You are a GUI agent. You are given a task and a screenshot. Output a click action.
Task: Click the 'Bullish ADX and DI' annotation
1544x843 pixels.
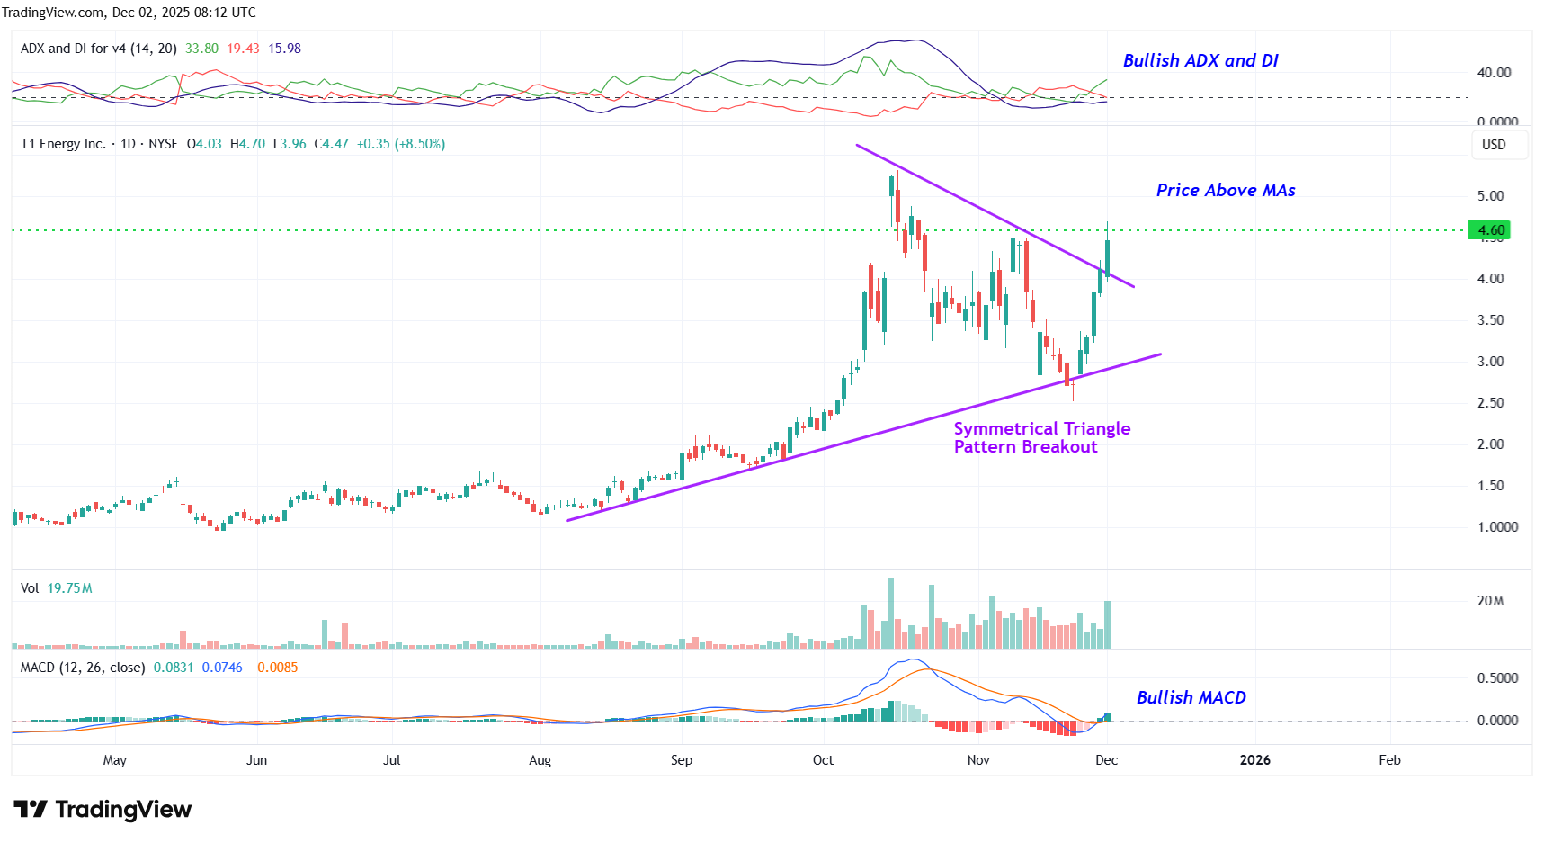pos(1200,60)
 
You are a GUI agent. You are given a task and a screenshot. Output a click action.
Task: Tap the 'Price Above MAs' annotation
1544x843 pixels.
pos(1225,190)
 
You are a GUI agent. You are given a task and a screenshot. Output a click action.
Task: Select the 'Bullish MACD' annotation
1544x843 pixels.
pos(1191,697)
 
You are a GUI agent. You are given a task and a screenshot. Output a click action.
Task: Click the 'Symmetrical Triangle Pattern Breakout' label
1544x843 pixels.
pos(1041,437)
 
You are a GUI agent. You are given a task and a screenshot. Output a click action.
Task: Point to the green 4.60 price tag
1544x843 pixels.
pos(1489,230)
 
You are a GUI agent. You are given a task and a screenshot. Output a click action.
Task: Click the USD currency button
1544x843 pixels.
pos(1494,145)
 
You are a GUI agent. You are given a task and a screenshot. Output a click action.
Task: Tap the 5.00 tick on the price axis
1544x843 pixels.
pos(1490,196)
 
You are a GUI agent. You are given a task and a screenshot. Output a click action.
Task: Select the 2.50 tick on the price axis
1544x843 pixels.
pos(1490,403)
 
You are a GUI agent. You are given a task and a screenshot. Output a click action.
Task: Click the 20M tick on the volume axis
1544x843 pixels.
pos(1490,601)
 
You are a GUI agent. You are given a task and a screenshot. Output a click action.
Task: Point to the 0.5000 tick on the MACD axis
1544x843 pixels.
pos(1497,678)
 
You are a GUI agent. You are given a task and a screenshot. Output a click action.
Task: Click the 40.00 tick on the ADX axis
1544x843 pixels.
pos(1494,73)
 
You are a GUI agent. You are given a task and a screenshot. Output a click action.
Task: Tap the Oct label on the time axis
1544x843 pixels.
pos(823,760)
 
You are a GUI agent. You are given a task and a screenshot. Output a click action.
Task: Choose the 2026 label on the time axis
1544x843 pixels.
pos(1254,760)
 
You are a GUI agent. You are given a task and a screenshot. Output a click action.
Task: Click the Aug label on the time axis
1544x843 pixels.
pos(540,760)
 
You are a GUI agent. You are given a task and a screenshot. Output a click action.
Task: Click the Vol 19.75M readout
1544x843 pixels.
pos(57,588)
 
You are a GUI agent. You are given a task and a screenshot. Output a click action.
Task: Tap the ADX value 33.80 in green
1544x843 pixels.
pos(201,49)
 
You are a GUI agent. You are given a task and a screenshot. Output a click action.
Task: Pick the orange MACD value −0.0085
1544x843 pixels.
pos(274,668)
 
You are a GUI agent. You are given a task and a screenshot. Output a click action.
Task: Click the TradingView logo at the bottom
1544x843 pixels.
pos(103,810)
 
